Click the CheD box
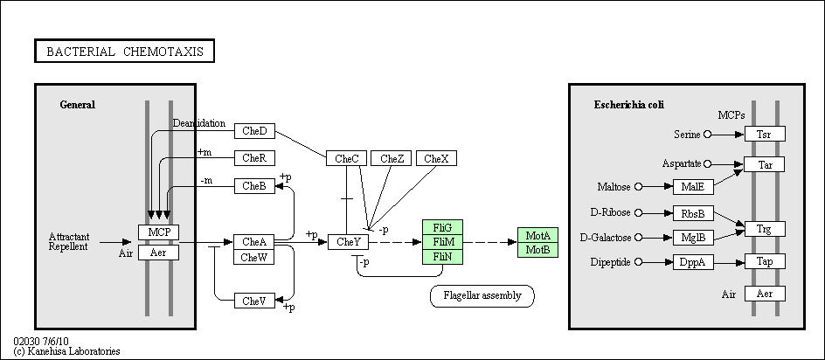point(254,131)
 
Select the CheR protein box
point(254,158)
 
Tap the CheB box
point(254,186)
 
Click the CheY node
point(348,242)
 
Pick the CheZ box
point(391,158)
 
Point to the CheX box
point(436,158)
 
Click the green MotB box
point(537,250)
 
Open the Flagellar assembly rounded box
point(482,296)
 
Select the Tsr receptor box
point(765,135)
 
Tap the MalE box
point(693,187)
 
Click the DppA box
point(693,262)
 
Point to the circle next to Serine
point(707,135)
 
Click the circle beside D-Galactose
point(639,238)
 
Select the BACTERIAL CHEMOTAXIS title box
point(124,51)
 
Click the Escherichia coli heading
point(628,105)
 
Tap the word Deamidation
point(199,123)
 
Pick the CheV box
point(254,301)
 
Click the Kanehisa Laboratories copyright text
point(66,351)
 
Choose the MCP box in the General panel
point(158,232)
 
